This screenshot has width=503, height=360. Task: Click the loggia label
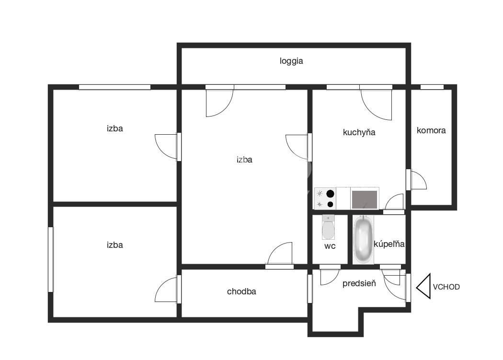[291, 61]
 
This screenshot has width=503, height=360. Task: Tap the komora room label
[431, 130]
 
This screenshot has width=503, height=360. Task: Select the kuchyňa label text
[359, 132]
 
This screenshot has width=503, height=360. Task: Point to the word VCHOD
[446, 287]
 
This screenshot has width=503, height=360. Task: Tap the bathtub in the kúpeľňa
[364, 239]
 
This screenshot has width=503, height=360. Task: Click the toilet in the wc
[328, 227]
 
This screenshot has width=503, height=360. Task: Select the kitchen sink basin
[365, 199]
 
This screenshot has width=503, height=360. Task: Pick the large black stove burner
[330, 194]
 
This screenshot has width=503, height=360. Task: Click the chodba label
[241, 291]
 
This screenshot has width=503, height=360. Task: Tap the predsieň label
[359, 284]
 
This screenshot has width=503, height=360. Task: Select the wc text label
[330, 246]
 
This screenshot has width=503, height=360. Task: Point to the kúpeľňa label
[389, 244]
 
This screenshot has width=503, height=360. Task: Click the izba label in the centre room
[244, 160]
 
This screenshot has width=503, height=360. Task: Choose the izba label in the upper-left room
[115, 128]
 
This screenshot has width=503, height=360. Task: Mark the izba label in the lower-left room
[115, 245]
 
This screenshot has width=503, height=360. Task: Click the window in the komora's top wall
[432, 87]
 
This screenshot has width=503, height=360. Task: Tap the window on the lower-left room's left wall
[51, 259]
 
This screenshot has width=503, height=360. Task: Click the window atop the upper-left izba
[115, 87]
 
